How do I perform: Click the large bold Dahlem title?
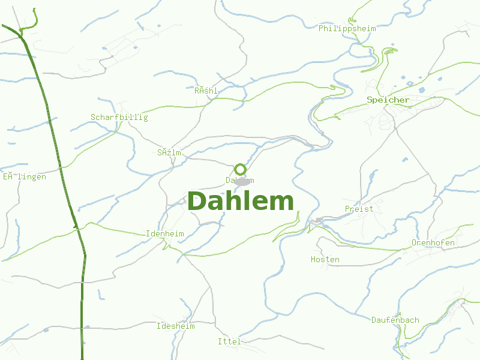pyautogui.click(x=241, y=202)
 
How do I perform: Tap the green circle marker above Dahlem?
pyautogui.click(x=241, y=169)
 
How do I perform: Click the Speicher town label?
pyautogui.click(x=388, y=100)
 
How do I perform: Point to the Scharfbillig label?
pyautogui.click(x=119, y=117)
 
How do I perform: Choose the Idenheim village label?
pyautogui.click(x=164, y=233)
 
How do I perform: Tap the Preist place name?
pyautogui.click(x=359, y=209)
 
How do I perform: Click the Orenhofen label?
pyautogui.click(x=433, y=242)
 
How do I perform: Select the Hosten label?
pyautogui.click(x=325, y=259)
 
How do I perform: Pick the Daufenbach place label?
pyautogui.click(x=395, y=320)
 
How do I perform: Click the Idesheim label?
pyautogui.click(x=175, y=326)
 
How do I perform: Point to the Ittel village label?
pyautogui.click(x=229, y=341)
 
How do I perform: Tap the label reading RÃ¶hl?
pyautogui.click(x=205, y=91)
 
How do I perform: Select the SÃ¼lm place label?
pyautogui.click(x=169, y=152)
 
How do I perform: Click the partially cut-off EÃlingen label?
pyautogui.click(x=24, y=176)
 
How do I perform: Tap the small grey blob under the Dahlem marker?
pyautogui.click(x=242, y=181)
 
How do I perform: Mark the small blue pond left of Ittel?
pyautogui.click(x=87, y=328)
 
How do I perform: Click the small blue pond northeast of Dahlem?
pyautogui.click(x=287, y=160)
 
